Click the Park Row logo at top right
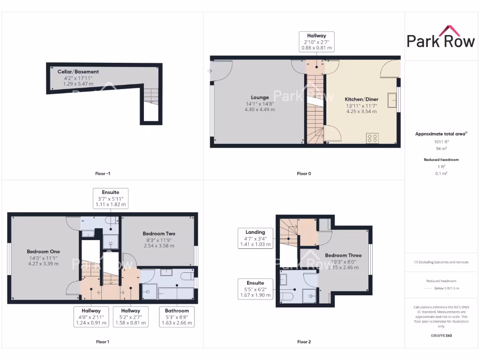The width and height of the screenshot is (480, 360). (x=441, y=37)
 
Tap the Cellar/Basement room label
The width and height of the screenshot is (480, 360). (x=78, y=72)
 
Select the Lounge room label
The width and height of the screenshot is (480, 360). (x=259, y=97)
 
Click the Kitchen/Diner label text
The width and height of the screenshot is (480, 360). (x=361, y=99)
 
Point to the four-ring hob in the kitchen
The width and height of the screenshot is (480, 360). (x=373, y=138)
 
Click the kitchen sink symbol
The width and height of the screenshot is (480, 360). (x=391, y=100)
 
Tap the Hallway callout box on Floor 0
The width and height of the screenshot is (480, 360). (x=316, y=42)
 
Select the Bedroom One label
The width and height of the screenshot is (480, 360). (x=43, y=252)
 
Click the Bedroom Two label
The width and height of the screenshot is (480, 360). (x=159, y=233)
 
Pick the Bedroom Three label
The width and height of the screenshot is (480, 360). (x=343, y=255)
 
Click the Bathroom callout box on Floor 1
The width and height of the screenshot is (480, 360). (x=177, y=316)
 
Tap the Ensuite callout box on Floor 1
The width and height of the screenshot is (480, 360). (x=110, y=198)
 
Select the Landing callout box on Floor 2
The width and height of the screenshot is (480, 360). (x=255, y=238)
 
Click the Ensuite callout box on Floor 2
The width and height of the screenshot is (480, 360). (x=255, y=289)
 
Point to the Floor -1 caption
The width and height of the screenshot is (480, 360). (x=102, y=173)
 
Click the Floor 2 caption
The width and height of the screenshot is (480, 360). (x=304, y=342)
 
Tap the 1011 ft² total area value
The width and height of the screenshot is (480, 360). (x=440, y=141)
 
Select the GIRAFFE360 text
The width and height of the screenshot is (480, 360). (x=440, y=336)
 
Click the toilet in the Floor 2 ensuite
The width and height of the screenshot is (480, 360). (x=286, y=298)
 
